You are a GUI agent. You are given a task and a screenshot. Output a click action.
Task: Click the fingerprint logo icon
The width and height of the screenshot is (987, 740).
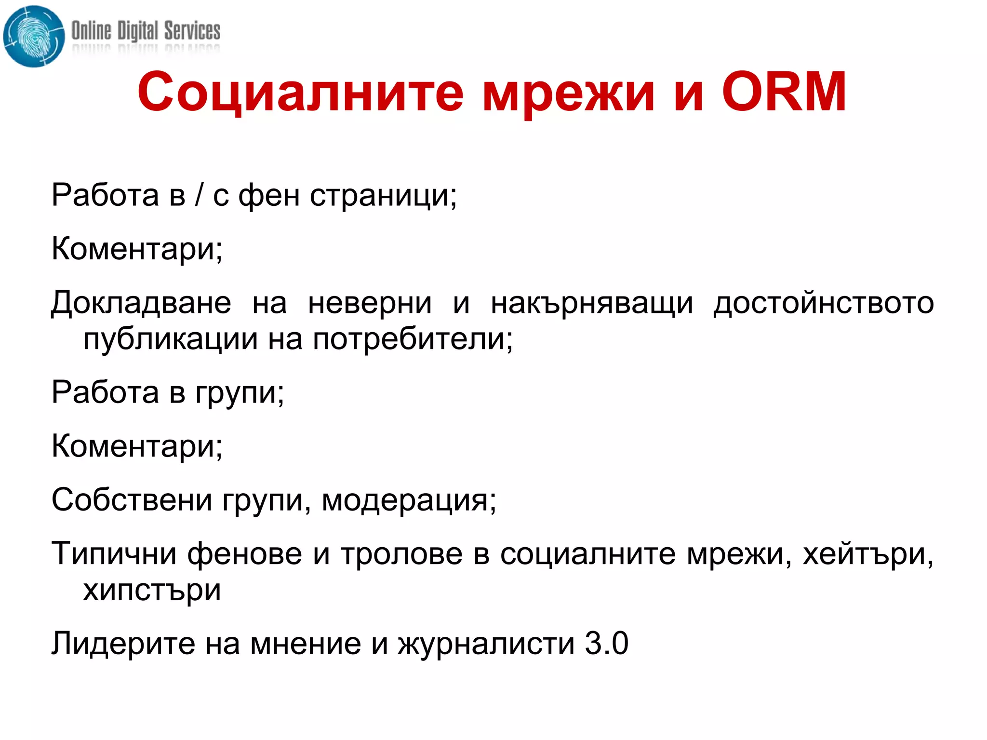point(33,36)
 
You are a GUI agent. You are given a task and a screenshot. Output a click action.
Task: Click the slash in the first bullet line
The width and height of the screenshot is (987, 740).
point(199,196)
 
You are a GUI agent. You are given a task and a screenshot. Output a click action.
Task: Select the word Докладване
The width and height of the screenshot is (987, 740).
point(141,304)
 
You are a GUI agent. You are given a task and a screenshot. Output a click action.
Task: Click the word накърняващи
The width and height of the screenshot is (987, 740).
point(592,304)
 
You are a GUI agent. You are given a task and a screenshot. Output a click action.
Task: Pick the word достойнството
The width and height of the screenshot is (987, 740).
point(824,304)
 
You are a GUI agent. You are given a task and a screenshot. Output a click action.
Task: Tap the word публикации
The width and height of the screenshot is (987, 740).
point(171,339)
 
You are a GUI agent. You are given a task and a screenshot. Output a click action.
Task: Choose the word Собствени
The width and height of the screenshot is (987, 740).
point(132,500)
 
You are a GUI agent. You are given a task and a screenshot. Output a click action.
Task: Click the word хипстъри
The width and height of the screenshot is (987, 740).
point(152,590)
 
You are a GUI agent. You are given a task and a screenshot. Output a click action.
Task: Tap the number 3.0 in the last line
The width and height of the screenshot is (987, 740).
point(606,643)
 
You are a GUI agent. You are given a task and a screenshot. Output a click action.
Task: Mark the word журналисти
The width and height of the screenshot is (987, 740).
point(486,644)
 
